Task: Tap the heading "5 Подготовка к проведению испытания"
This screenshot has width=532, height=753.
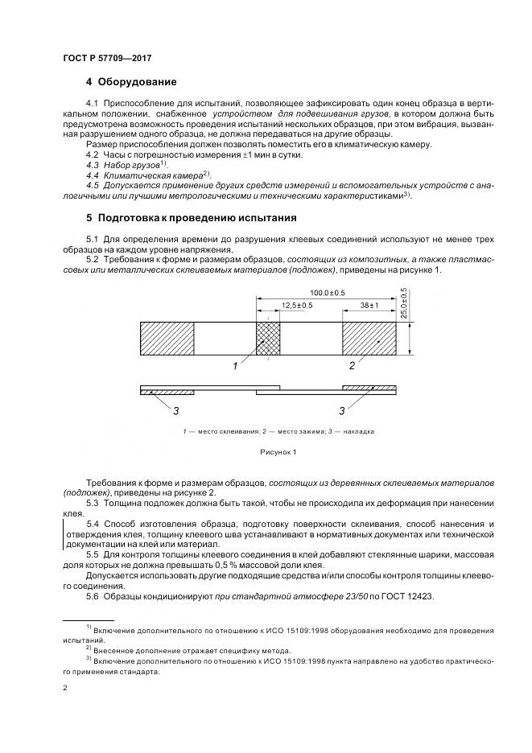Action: tap(192, 218)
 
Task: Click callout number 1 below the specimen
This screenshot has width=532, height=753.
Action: tap(235, 366)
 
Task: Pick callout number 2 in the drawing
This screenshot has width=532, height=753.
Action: tap(351, 366)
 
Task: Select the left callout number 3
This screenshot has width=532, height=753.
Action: tap(175, 411)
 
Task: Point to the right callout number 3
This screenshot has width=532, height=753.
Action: tap(341, 411)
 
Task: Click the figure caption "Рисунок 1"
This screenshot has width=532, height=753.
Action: tap(278, 452)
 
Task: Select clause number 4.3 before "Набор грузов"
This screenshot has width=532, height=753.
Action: tap(92, 165)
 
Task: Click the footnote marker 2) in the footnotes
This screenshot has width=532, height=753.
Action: tap(89, 648)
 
